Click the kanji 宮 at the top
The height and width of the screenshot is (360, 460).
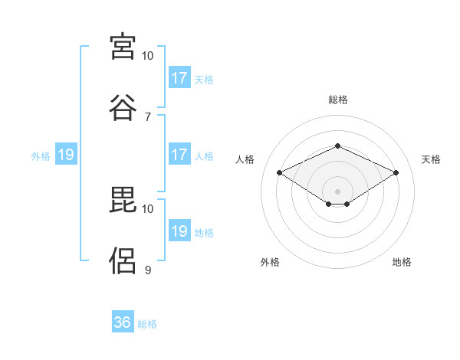[x=123, y=47]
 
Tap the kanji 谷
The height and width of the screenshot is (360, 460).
[x=123, y=108]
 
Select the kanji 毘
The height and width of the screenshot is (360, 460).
[x=123, y=200]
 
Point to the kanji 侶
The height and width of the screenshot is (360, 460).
[x=123, y=261]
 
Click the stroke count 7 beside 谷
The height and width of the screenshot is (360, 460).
[x=148, y=117]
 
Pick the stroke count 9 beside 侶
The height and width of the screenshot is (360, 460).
[x=148, y=270]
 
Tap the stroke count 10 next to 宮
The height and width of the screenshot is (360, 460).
[x=147, y=56]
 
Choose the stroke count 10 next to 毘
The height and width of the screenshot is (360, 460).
[x=147, y=209]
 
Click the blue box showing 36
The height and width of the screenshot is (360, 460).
[x=123, y=321]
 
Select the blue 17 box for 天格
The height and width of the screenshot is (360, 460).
[x=180, y=77]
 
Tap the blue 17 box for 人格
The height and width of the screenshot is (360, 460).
[x=180, y=154]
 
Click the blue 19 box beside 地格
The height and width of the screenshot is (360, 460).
[x=180, y=230]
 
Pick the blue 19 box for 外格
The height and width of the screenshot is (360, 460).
[x=66, y=154]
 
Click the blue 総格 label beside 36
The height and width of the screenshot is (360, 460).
[x=147, y=324]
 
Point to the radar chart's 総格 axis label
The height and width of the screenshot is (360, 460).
[x=338, y=100]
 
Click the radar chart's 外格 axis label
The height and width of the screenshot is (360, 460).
[x=270, y=262]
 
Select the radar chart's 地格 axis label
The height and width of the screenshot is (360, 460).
[x=402, y=262]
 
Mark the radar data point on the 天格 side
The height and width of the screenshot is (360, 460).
[x=396, y=172]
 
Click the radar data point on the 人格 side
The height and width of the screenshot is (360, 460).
[x=280, y=172]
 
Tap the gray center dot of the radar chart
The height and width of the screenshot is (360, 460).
[x=337, y=191]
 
